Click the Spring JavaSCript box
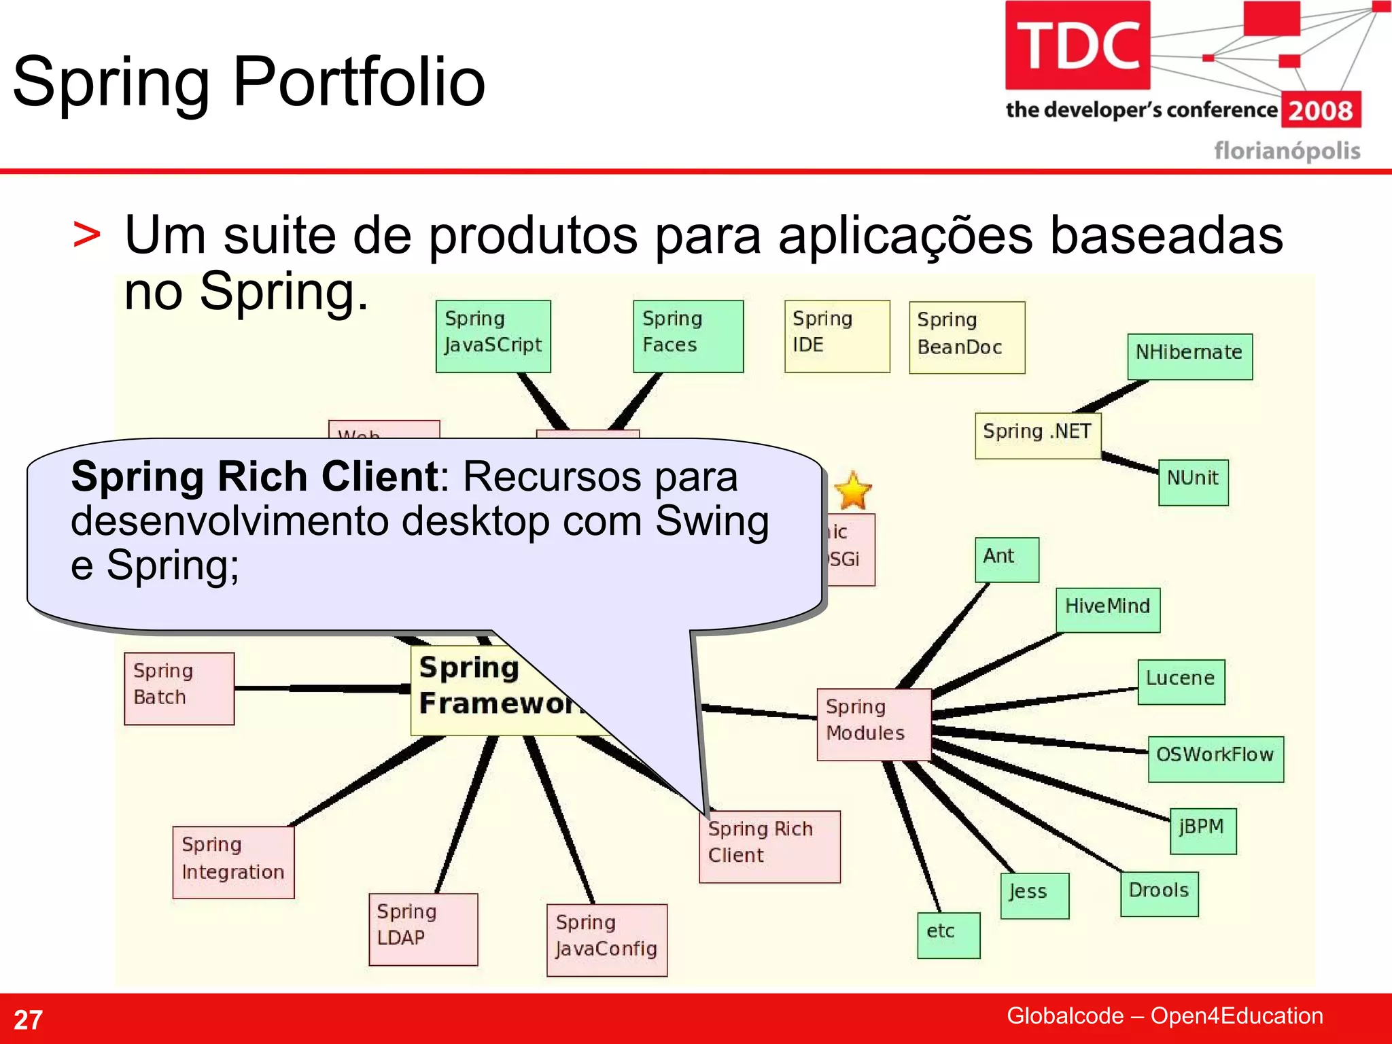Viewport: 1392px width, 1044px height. point(493,336)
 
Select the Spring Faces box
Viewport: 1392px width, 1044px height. point(688,336)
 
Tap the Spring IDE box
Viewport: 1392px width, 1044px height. point(837,336)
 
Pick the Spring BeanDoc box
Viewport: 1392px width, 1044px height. point(967,337)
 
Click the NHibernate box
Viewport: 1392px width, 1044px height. point(1189,355)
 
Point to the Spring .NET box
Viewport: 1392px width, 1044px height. point(1037,435)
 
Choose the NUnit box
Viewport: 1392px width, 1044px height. point(1193,481)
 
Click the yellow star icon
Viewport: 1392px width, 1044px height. point(852,491)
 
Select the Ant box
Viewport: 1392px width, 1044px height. point(1007,559)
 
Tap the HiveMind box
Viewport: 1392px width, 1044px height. point(1107,609)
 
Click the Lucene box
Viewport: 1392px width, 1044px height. point(1181,681)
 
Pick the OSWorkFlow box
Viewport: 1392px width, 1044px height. point(1215,759)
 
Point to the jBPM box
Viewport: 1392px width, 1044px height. point(1202,830)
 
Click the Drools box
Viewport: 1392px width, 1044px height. point(1159,893)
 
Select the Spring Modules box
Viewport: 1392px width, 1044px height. point(873,723)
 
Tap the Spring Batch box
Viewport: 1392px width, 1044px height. point(179,688)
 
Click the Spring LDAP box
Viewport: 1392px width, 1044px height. point(423,928)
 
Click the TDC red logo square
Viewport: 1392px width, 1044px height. point(1077,45)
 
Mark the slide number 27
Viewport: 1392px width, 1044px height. point(28,1020)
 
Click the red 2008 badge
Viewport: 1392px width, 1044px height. point(1321,110)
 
